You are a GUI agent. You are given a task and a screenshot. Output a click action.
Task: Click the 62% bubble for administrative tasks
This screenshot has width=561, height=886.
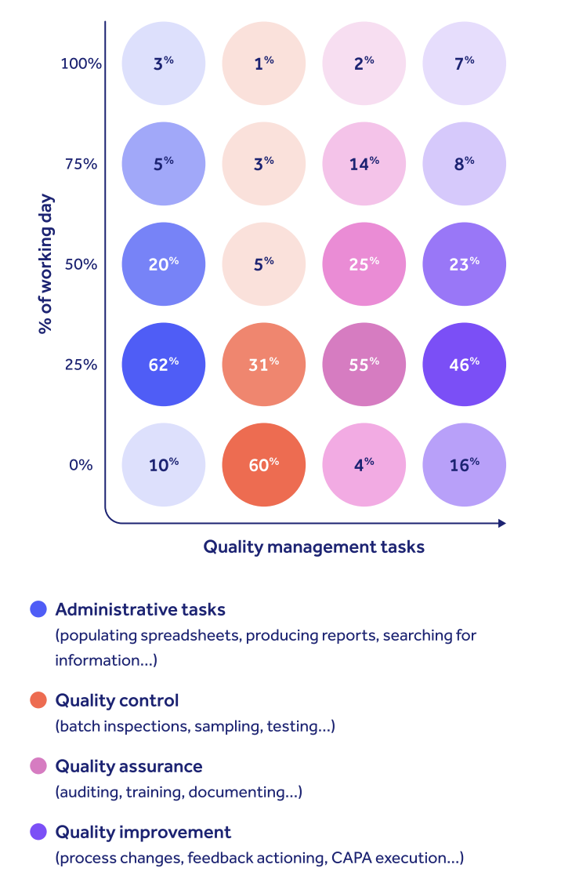pos(164,365)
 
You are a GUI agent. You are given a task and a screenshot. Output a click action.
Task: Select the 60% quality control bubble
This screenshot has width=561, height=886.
pos(264,465)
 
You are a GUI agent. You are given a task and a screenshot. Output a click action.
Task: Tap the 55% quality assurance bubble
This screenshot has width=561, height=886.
pos(364,365)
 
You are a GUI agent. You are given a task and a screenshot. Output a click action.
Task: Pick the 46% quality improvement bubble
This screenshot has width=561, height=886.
pos(465,365)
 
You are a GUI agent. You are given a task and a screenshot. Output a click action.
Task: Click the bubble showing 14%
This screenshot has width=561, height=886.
pos(364,164)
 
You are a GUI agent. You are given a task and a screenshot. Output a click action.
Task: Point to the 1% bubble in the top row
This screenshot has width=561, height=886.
pos(264,64)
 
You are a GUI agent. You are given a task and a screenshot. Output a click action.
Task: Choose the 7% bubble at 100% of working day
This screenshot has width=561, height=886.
pos(465,64)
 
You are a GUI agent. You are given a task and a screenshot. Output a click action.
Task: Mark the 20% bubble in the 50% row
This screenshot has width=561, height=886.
pos(164,264)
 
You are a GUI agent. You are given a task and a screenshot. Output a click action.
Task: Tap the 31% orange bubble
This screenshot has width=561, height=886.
pos(264,365)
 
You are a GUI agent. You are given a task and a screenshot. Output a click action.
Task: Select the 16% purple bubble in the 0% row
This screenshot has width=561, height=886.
pos(465,465)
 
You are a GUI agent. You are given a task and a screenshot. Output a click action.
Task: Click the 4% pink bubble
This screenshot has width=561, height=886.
pos(364,465)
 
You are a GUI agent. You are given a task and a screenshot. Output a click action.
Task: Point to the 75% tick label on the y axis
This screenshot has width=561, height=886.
pos(81,164)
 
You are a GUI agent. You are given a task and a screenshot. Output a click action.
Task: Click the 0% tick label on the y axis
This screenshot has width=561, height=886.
pos(81,465)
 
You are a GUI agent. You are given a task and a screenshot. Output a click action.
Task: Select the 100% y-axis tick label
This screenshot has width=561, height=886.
pos(81,64)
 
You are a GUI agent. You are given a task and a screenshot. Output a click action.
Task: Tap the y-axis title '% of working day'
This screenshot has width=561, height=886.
pos(45,263)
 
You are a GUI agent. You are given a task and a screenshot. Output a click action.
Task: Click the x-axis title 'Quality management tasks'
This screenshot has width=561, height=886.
pos(313,547)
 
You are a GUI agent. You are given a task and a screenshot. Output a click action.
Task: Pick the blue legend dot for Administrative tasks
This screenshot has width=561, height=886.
pos(38,609)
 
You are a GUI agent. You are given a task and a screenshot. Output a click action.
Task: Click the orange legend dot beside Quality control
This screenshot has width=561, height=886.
pos(38,700)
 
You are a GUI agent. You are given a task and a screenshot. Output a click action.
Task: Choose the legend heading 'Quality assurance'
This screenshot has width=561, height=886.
pos(128,766)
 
